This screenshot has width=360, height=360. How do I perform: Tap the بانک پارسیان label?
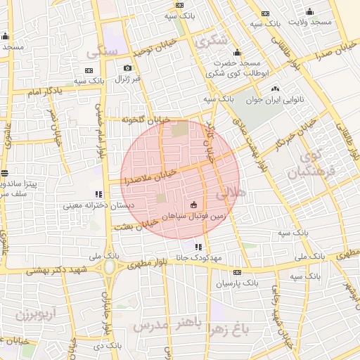pos(237,283)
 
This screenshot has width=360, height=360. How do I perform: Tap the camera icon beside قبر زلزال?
pos(127,67)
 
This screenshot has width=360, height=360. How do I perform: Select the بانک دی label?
pos(107,345)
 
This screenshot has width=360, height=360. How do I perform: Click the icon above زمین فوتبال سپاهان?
pos(193,204)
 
